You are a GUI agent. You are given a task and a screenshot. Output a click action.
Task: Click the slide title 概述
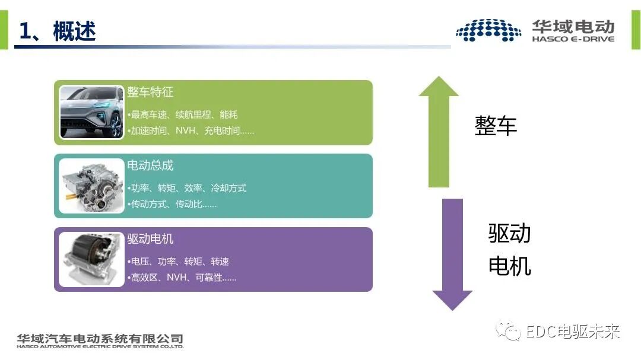click(x=74, y=31)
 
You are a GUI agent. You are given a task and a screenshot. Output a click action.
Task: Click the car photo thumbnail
click(x=91, y=113)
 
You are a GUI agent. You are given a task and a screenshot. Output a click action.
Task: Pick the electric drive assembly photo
click(x=91, y=186)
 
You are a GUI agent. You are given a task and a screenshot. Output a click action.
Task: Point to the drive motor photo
click(x=91, y=259)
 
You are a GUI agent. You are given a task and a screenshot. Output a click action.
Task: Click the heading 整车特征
click(x=150, y=93)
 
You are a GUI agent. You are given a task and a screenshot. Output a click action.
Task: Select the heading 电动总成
click(x=150, y=166)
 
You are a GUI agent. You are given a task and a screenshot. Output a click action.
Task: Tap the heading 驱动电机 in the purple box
click(x=150, y=239)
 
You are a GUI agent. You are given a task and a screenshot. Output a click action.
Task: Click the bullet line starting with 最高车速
click(x=183, y=114)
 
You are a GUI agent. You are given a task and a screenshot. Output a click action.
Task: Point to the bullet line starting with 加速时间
click(x=191, y=130)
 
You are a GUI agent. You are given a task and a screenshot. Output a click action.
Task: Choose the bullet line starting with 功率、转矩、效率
click(x=187, y=188)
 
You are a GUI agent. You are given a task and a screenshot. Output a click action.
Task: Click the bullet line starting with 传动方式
click(x=172, y=204)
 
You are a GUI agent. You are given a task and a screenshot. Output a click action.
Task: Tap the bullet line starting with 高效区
click(x=182, y=278)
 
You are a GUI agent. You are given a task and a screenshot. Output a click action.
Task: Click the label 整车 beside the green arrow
click(x=496, y=126)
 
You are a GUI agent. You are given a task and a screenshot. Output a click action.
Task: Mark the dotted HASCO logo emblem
click(x=488, y=30)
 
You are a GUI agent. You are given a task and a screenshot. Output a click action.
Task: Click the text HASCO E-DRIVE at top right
click(x=573, y=39)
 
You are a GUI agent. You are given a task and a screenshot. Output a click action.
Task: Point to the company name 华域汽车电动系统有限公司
click(x=100, y=339)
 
